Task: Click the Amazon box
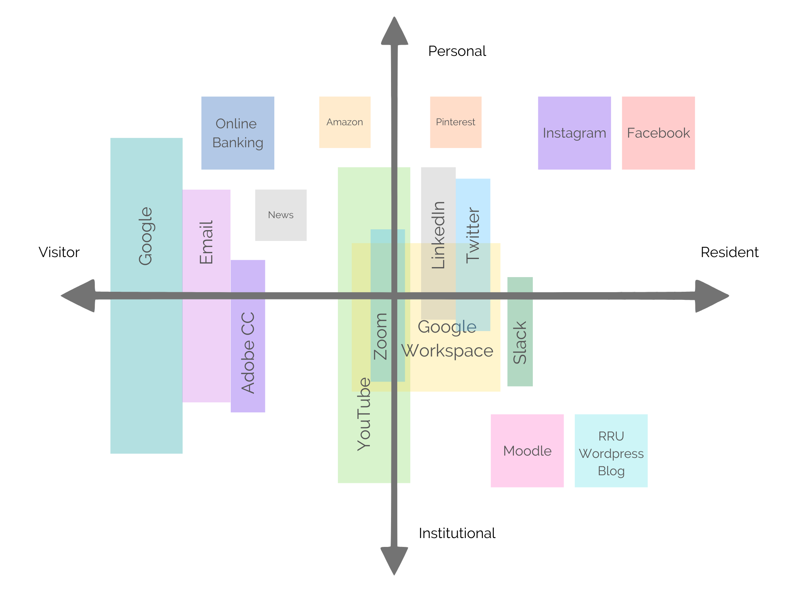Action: (345, 122)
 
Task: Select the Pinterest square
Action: (456, 122)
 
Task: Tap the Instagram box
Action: (574, 133)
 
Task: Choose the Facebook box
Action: (658, 133)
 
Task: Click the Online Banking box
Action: (238, 133)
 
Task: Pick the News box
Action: (281, 215)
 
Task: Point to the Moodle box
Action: (527, 451)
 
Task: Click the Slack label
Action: (520, 343)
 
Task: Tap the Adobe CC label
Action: (248, 352)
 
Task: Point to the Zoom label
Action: (381, 336)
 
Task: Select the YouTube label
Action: (364, 414)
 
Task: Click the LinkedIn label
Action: (438, 235)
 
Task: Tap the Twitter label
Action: (473, 235)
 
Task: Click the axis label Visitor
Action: (59, 252)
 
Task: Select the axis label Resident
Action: (729, 252)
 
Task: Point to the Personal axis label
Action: (457, 51)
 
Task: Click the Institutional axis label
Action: (457, 533)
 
